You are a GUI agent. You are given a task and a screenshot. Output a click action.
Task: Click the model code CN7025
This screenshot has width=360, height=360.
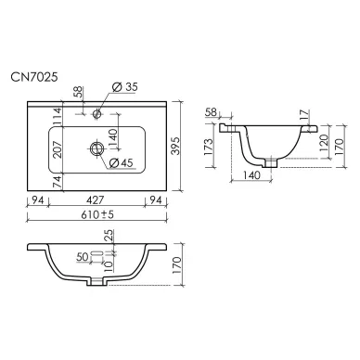coord(34,77)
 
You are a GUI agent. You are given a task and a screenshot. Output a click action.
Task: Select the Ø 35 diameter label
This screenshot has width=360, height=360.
coord(124,87)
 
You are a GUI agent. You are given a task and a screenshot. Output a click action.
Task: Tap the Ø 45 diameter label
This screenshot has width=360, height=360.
coord(122,162)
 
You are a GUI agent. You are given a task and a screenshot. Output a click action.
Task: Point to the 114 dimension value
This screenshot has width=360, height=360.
coord(58,117)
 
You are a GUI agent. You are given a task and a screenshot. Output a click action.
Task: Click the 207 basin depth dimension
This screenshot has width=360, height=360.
coord(58,149)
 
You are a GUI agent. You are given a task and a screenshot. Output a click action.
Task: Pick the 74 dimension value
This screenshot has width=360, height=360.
coord(58,181)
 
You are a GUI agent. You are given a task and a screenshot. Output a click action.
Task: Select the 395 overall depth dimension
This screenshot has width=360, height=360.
coord(175,146)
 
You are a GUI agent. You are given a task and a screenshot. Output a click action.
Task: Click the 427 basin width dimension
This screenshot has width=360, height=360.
coord(96,200)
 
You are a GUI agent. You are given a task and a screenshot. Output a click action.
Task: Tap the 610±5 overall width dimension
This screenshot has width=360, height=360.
coord(97,214)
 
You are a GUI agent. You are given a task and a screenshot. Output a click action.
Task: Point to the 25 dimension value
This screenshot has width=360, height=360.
coord(109,236)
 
